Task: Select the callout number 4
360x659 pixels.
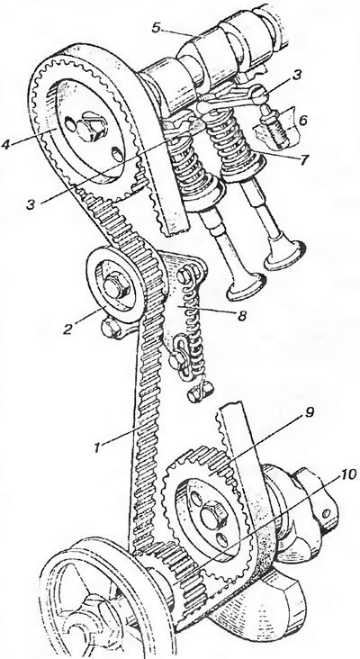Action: tap(6, 145)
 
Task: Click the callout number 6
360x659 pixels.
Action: tap(301, 121)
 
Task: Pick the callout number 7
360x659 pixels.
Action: tap(303, 159)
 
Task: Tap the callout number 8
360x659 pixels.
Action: tap(241, 317)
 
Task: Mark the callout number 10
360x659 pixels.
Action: tap(348, 474)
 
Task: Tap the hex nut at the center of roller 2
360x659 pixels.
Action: tap(113, 286)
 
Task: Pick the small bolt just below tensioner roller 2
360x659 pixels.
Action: tap(110, 329)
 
